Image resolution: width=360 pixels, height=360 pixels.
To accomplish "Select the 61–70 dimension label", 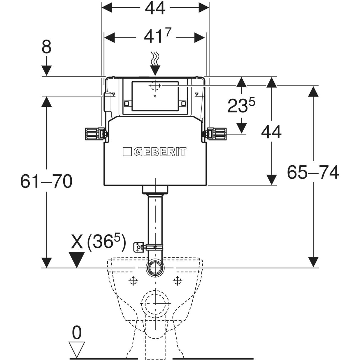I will [x=46, y=181].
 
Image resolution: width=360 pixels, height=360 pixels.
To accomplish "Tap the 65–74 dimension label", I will [x=313, y=172].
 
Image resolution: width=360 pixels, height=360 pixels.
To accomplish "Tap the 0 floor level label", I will [x=77, y=333].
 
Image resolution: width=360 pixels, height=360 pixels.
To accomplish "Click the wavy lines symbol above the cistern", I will [x=155, y=59].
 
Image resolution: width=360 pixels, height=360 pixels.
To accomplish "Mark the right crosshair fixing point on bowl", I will [x=178, y=281].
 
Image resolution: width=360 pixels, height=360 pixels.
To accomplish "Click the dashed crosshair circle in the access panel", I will [x=155, y=86].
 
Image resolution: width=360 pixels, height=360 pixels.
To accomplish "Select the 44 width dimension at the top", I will [x=155, y=8].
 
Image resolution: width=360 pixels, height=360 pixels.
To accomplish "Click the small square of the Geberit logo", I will [x=127, y=152].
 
